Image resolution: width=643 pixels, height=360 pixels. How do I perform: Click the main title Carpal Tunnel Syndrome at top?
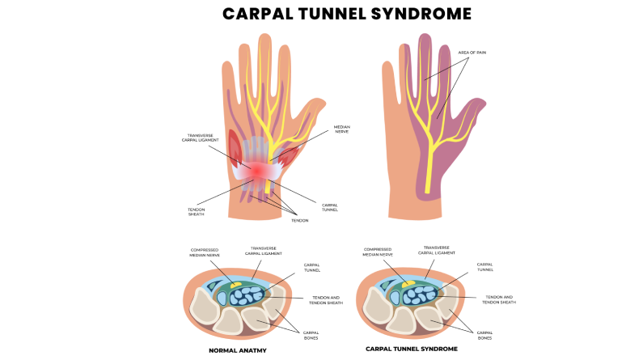pyautogui.click(x=347, y=14)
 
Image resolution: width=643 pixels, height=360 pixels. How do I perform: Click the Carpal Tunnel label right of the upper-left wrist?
pyautogui.click(x=329, y=208)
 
